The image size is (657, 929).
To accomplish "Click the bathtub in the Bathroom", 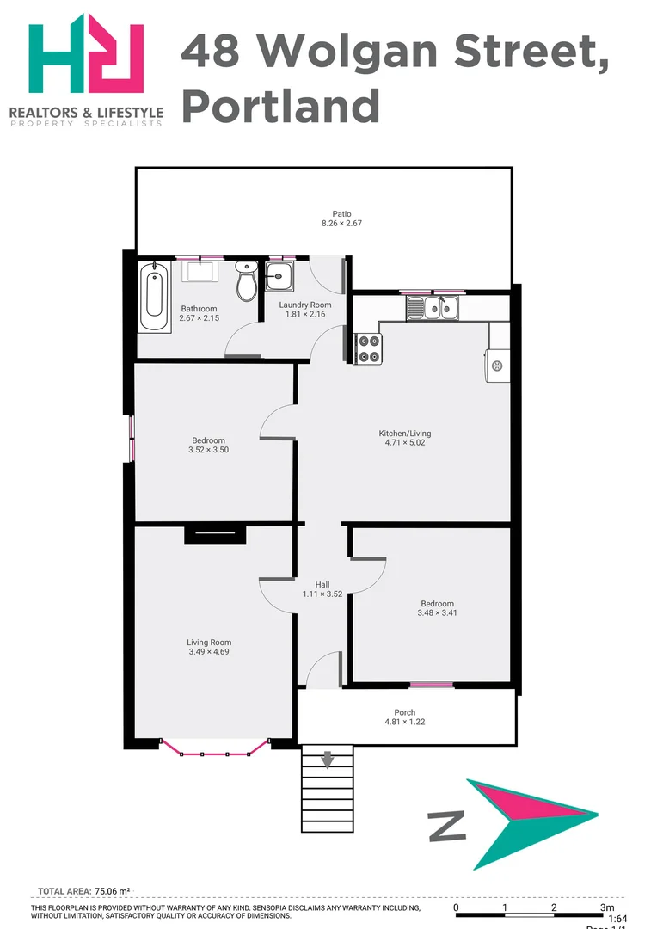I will [156, 297].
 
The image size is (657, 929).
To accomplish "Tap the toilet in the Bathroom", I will [247, 283].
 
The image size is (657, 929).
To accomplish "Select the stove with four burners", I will [369, 348].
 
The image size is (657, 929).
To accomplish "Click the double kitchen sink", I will [433, 306].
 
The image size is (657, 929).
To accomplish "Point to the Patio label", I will [341, 214].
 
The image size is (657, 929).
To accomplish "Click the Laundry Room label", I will [305, 305].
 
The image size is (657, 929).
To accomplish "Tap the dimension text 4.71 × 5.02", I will [405, 443].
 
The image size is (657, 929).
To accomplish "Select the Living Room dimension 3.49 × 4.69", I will [209, 652].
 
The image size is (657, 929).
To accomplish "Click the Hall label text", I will [322, 584].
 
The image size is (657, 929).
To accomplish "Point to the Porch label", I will [405, 712].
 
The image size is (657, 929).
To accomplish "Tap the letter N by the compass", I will [447, 827].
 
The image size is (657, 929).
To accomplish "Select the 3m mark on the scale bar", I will [607, 907].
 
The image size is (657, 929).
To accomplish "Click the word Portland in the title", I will [280, 107].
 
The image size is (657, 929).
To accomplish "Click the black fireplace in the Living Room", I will [215, 534].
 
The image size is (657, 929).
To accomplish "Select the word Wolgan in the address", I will [341, 51].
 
